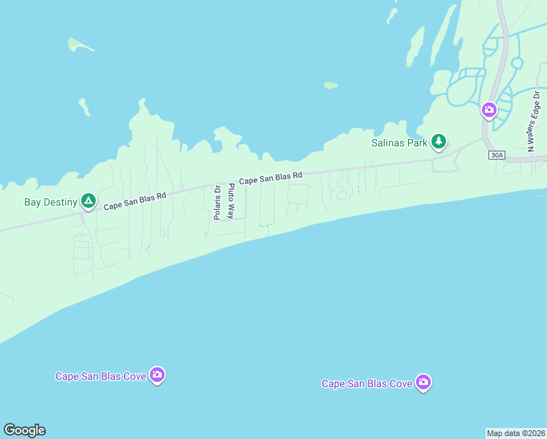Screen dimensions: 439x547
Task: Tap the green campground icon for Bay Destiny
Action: (88, 200)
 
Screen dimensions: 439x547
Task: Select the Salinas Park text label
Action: (398, 143)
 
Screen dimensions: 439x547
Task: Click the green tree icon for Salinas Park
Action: (438, 141)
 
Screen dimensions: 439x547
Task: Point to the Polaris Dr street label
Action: (217, 201)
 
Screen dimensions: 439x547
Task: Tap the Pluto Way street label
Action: (231, 201)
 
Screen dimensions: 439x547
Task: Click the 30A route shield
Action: (497, 154)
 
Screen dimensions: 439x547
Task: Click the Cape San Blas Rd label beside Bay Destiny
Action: (135, 201)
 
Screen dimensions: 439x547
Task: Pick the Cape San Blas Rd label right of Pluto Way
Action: (271, 178)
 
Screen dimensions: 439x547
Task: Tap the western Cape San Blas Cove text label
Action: (101, 376)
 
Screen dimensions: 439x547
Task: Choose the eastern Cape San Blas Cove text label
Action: (367, 383)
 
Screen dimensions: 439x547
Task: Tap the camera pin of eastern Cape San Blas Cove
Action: (423, 382)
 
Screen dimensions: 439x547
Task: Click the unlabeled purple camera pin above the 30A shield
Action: (489, 110)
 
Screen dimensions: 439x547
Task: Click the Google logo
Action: (24, 430)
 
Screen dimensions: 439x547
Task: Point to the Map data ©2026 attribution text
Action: (516, 432)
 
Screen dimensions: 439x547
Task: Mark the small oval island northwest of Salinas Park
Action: (331, 85)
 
